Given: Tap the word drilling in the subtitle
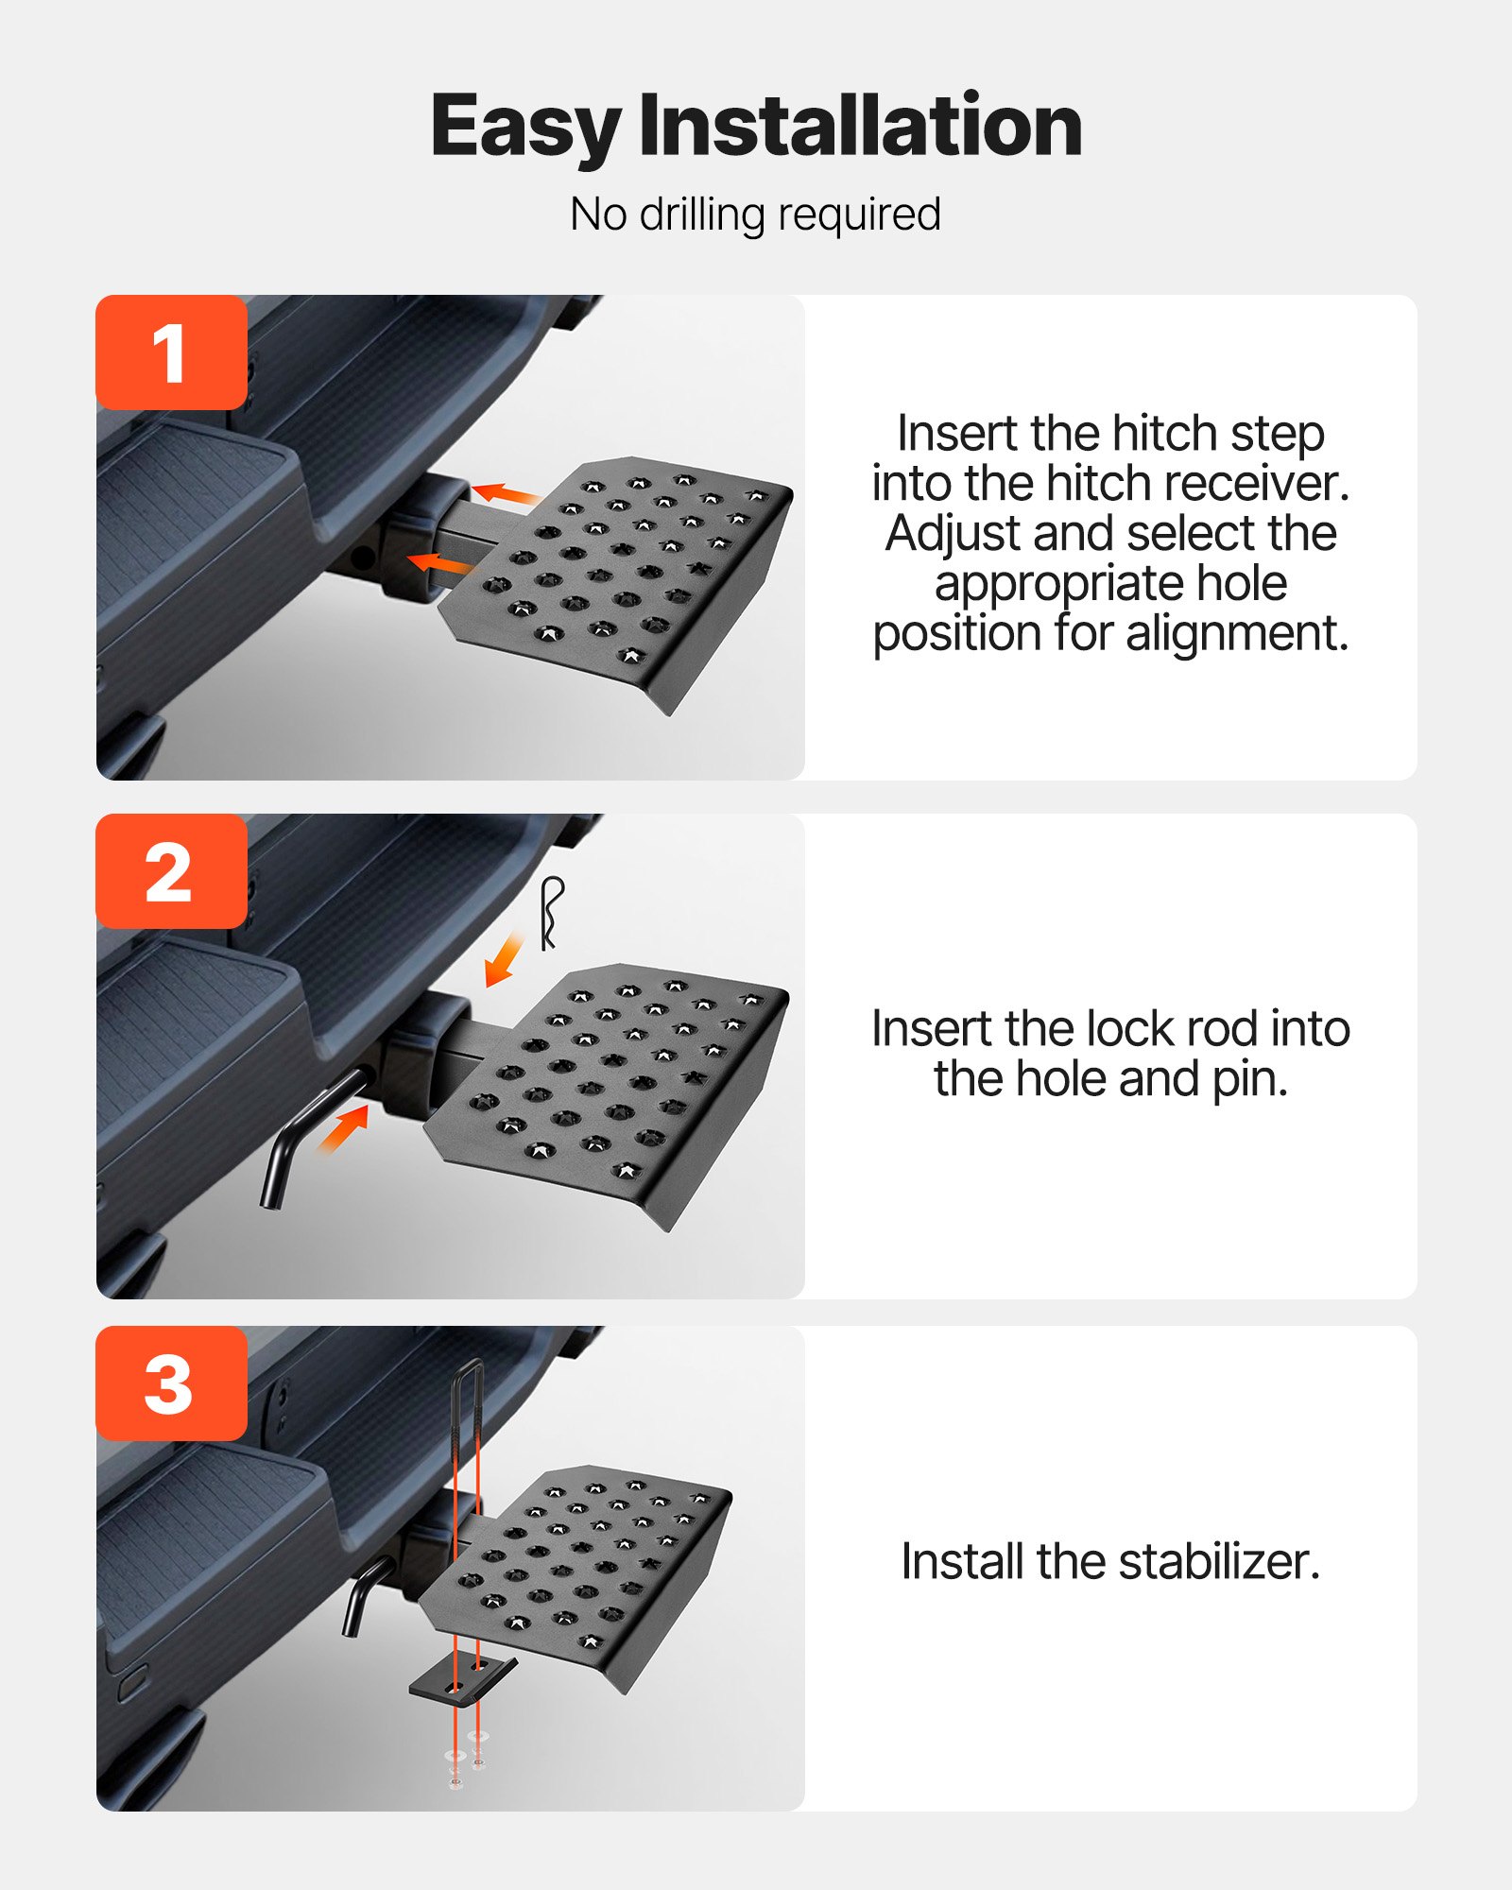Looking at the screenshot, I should coord(702,215).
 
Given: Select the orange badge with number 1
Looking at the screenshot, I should coord(171,352).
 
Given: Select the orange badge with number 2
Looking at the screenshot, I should coord(171,871).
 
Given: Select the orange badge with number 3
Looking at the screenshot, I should coord(171,1383).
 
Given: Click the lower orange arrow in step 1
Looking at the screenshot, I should coord(440,564).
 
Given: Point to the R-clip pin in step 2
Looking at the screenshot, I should coord(551,912).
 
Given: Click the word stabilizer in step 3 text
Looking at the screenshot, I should coord(1218,1561).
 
